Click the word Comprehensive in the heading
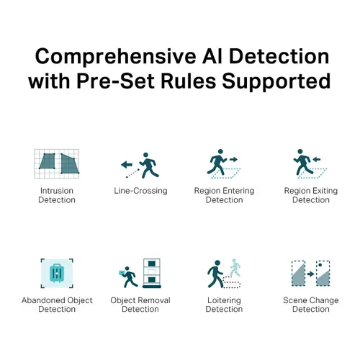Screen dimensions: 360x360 (x=115, y=58)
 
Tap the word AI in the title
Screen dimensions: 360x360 (x=212, y=56)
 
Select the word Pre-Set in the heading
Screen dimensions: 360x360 (x=115, y=81)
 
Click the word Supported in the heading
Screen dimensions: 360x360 (x=276, y=82)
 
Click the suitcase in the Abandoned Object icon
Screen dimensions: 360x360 (x=57, y=273)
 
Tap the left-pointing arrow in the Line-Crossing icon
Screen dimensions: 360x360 (x=127, y=165)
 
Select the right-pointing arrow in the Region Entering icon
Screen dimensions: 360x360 (x=233, y=159)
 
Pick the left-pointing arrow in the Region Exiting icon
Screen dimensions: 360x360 (x=317, y=159)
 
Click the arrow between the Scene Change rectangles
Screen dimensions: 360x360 (x=311, y=274)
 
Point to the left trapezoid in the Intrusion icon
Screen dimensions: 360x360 (x=48, y=161)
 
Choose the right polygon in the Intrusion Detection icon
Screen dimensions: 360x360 (x=69, y=164)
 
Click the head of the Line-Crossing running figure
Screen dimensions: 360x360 (x=145, y=155)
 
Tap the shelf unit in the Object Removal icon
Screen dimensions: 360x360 (x=152, y=273)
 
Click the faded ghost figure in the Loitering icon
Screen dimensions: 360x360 (x=235, y=267)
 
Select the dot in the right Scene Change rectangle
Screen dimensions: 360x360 (x=320, y=265)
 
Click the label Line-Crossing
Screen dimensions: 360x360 (x=140, y=191)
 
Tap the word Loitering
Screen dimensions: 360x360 (x=224, y=300)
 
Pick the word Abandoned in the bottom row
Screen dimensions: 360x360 (x=43, y=300)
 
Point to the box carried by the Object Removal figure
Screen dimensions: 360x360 (x=122, y=273)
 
